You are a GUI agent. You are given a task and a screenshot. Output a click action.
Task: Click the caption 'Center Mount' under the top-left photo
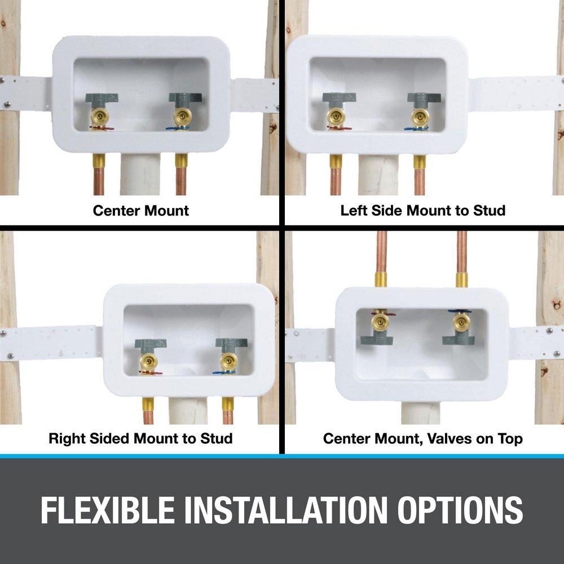[140, 211]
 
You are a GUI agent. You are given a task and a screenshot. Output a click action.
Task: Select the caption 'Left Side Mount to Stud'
[422, 211]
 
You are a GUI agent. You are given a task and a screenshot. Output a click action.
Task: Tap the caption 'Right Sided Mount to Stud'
[140, 438]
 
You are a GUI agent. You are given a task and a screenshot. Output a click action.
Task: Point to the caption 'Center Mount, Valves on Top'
[422, 438]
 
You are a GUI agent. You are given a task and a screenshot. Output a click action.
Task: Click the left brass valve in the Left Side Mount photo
[334, 117]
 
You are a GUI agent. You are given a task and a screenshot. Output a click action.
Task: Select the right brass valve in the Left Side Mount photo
[420, 117]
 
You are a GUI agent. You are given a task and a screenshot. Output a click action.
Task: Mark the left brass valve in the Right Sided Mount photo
[149, 361]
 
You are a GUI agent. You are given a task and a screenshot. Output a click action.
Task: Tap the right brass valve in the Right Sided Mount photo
[228, 361]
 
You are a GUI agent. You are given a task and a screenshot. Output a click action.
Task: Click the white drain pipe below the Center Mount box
[140, 175]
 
